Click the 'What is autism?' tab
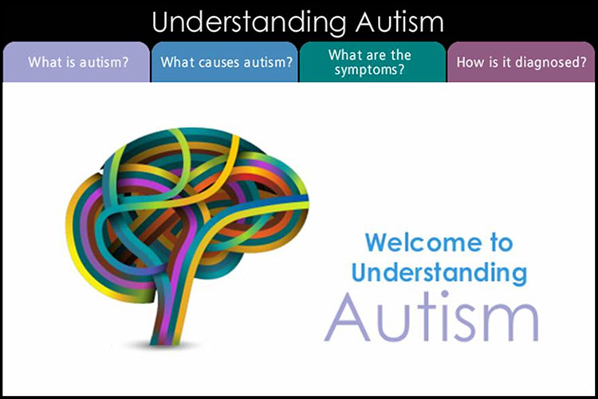pos(77,62)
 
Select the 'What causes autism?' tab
pos(225,62)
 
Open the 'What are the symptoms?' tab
pos(372,62)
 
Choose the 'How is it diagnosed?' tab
pos(521,62)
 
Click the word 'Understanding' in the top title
pos(249,22)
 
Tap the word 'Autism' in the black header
pos(399,22)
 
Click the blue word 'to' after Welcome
pos(502,243)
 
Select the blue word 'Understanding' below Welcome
pos(439,273)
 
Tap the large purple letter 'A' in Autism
pos(347,318)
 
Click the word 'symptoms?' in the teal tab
pos(369,70)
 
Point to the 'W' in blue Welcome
pos(376,242)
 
